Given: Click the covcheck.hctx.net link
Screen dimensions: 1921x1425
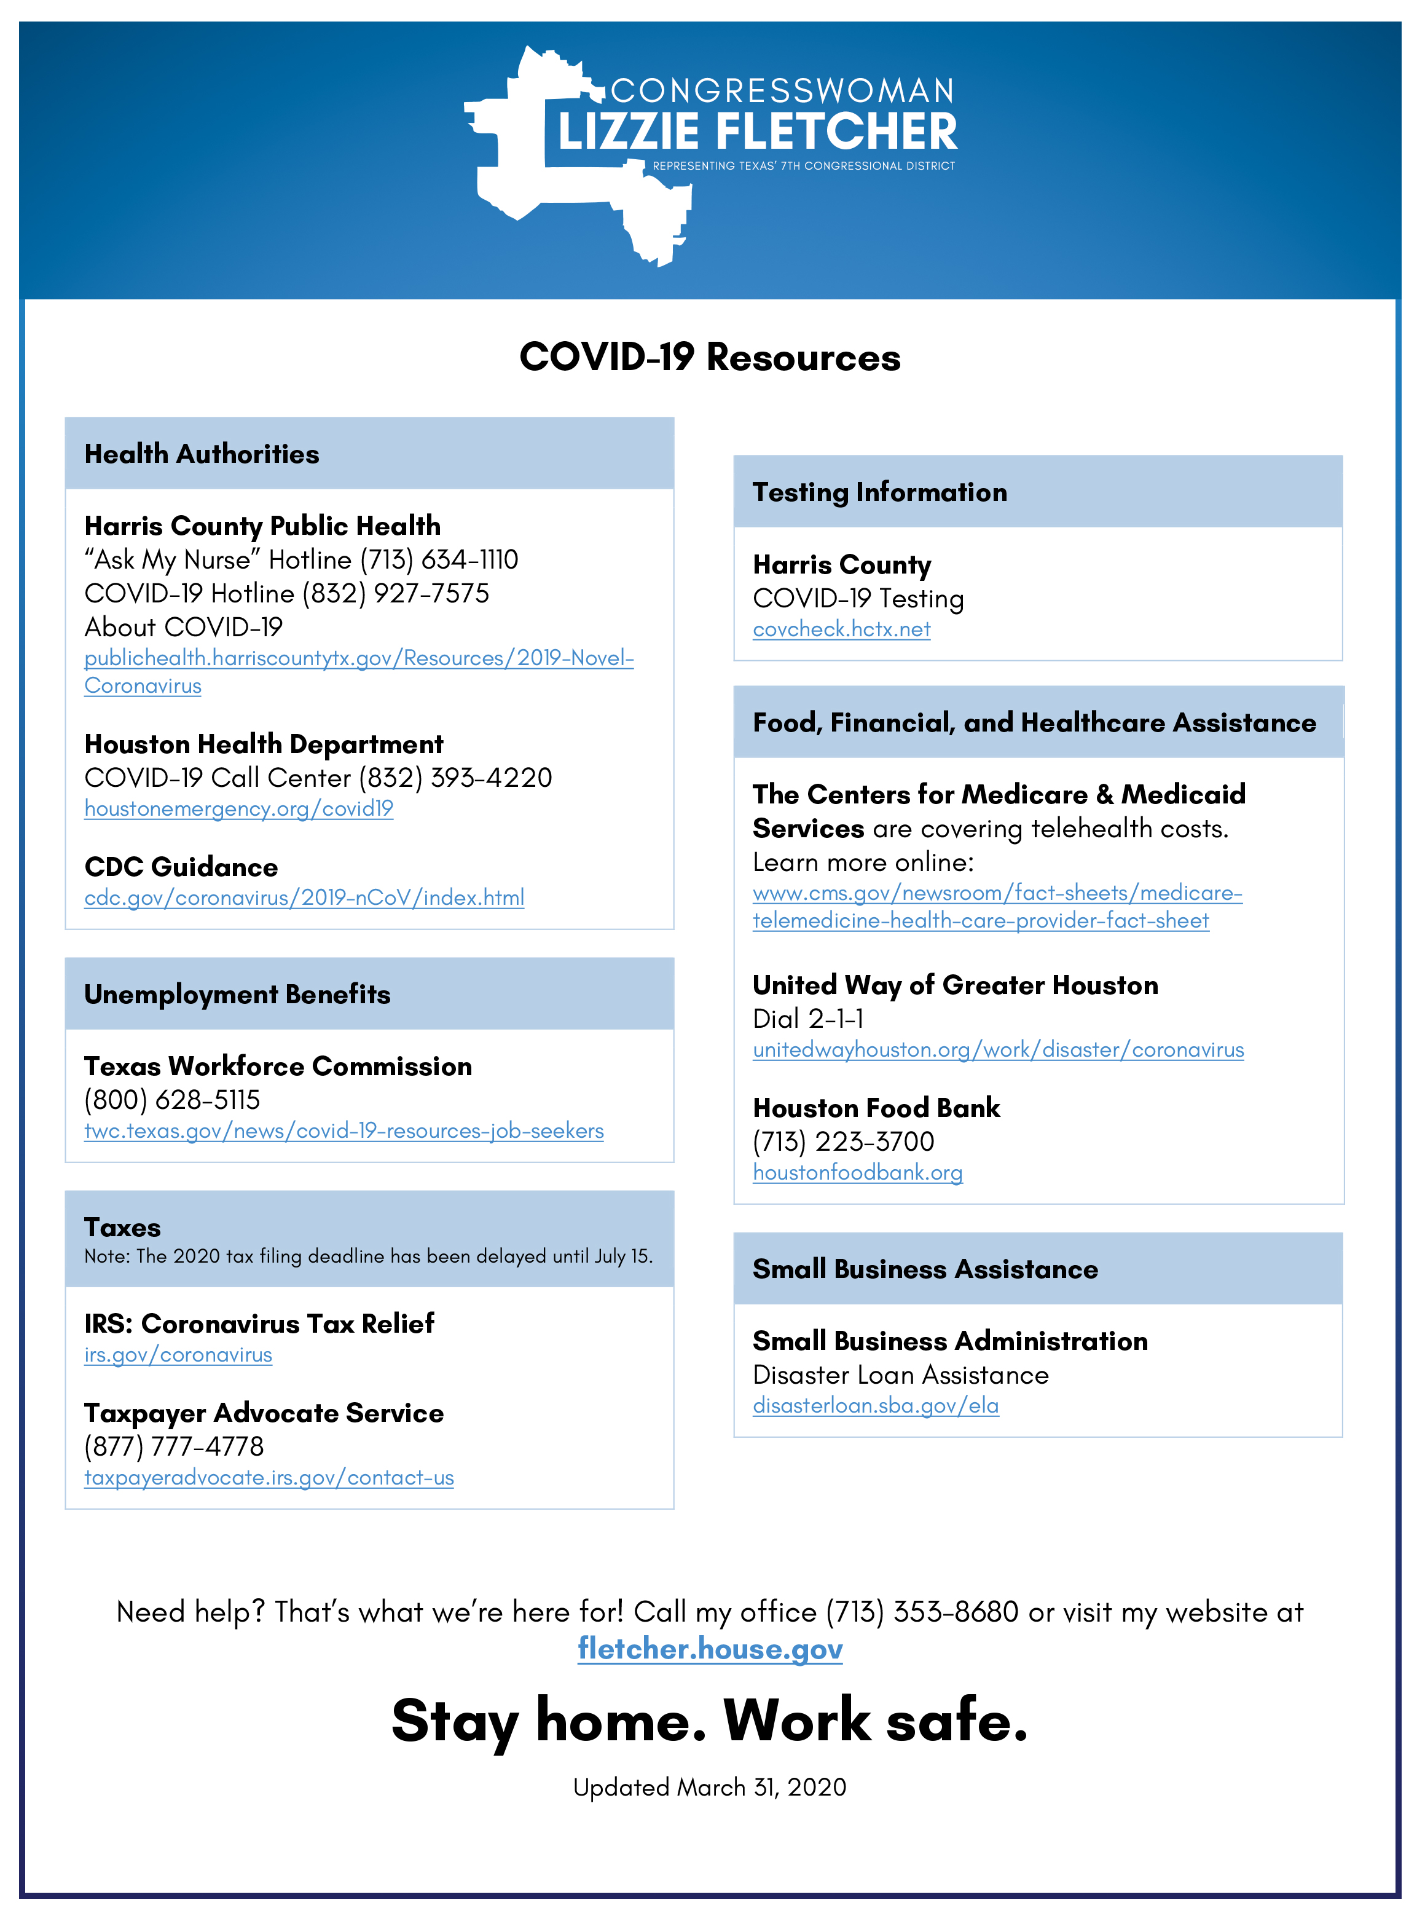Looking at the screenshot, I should [x=841, y=629].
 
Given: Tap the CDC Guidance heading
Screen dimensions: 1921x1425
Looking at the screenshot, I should [x=181, y=866].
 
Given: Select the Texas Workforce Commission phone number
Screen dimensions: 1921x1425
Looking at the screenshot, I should [x=171, y=1100].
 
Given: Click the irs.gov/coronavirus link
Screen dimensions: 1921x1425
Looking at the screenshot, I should [x=178, y=1355].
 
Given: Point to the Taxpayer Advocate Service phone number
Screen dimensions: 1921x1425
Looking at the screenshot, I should [x=173, y=1446].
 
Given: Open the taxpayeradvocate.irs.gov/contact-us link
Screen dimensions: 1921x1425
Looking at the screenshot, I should [x=269, y=1477].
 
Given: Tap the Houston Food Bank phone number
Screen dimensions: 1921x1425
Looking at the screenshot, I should [x=842, y=1141].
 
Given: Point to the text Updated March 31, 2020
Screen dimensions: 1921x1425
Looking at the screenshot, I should [x=710, y=1786].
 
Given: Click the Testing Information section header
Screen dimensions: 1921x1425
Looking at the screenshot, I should [x=880, y=492].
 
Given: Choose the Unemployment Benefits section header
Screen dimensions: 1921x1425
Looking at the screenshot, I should [x=237, y=994].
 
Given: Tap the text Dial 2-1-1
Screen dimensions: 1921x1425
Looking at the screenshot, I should [x=808, y=1019].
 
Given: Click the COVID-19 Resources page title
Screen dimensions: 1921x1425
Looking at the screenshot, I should [x=710, y=357].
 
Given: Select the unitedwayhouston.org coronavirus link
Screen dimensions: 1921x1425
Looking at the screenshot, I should [x=998, y=1049].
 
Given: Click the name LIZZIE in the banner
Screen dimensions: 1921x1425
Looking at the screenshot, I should [x=628, y=132].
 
